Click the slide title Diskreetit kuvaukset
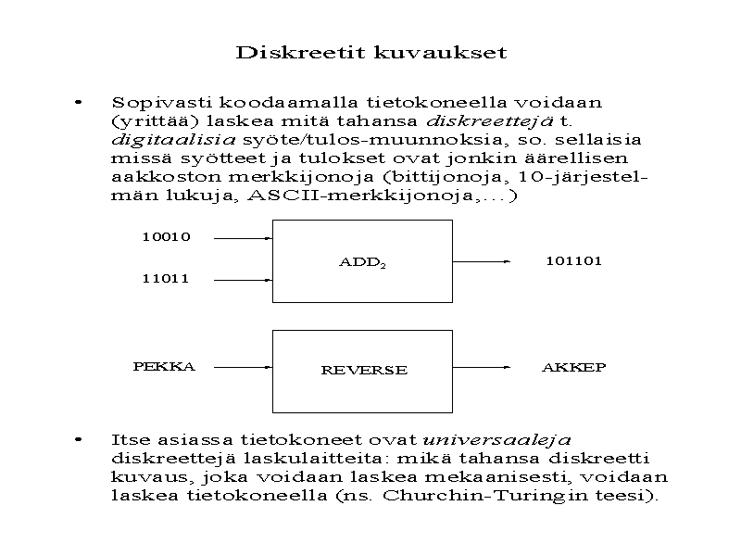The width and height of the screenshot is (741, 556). coord(371,52)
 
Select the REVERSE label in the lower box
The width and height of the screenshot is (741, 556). coord(363,370)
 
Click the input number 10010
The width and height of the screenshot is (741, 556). coord(166,237)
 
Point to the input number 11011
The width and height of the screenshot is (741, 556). coord(166,278)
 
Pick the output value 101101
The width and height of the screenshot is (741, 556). coord(573,261)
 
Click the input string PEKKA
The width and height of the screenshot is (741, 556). coord(164,367)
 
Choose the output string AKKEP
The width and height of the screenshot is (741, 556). coord(573,368)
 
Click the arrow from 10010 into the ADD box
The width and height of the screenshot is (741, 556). coord(242,238)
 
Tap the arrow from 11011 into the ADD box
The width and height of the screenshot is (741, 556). coord(242,278)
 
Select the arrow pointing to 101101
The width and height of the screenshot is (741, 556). coord(482,262)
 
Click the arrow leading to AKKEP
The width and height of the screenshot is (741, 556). coord(482,368)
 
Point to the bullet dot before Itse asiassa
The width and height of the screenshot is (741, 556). coord(82,436)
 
